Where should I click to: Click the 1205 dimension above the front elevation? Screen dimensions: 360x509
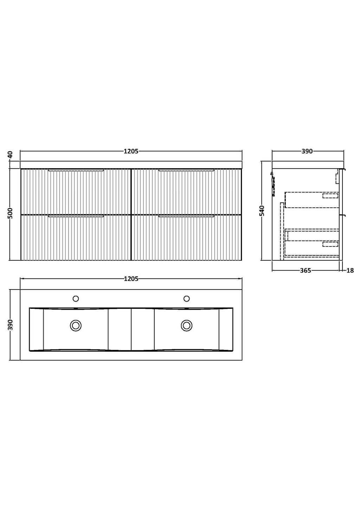[x=131, y=151]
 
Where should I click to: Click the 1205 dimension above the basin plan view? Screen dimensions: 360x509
[x=131, y=279]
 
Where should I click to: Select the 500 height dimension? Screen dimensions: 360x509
[x=11, y=213]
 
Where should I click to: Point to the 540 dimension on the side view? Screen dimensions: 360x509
[x=262, y=211]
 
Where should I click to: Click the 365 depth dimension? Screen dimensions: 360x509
[x=306, y=270]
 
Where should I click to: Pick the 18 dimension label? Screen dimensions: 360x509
[x=351, y=270]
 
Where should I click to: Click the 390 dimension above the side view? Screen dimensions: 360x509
[x=307, y=151]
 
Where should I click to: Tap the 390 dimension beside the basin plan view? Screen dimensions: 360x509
[x=11, y=325]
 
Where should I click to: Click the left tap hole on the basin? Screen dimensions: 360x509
[x=76, y=299]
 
